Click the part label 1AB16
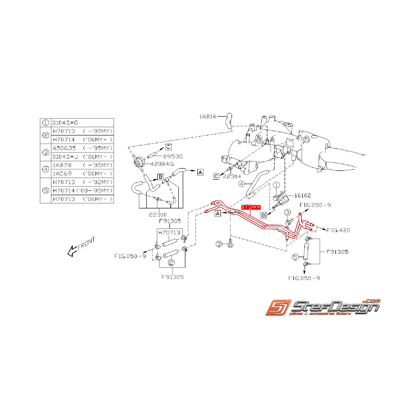pos(208,117)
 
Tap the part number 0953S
pos(173,156)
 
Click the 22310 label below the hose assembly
pos(152,214)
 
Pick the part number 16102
pos(303,195)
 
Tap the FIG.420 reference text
pos(338,230)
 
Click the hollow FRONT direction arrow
pos(72,252)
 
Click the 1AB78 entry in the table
pos(62,165)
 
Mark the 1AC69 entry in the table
pos(62,173)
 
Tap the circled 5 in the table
pos(45,190)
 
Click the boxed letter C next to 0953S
pos(168,147)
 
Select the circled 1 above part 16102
pos(276,185)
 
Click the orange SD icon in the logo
pos(279,308)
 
